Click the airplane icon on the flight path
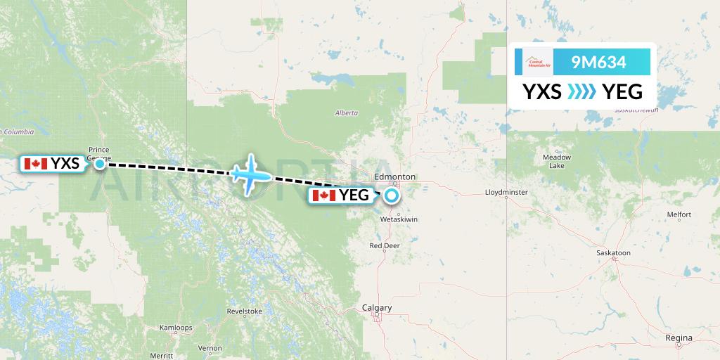(x=250, y=173)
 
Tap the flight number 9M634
(x=599, y=62)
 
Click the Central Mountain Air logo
(x=538, y=62)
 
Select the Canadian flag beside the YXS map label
(x=35, y=164)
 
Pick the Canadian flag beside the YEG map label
(x=324, y=195)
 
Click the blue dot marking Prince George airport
(x=101, y=164)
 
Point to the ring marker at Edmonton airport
(x=391, y=195)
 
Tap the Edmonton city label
(x=396, y=176)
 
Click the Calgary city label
(x=376, y=308)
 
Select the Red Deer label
(x=385, y=246)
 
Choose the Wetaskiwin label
(x=399, y=219)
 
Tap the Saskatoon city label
(x=613, y=252)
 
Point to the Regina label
(x=679, y=338)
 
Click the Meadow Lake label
(x=556, y=162)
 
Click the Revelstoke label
(x=245, y=311)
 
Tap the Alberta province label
(x=346, y=112)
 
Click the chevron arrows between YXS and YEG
(x=581, y=91)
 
